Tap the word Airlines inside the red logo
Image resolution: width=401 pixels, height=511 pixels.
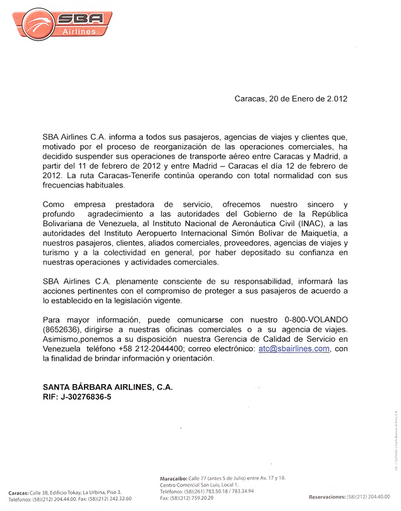(x=80, y=31)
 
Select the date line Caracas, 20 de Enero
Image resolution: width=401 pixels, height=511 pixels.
(x=290, y=99)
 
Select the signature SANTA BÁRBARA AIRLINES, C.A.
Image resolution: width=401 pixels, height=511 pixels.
(x=107, y=387)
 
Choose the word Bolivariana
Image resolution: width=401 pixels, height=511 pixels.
(x=69, y=224)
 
